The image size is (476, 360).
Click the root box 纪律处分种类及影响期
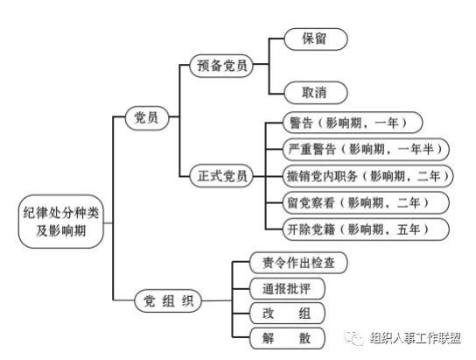point(60,222)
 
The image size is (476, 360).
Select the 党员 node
point(147,118)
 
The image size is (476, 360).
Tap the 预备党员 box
point(221,66)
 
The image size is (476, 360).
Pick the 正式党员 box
point(221,176)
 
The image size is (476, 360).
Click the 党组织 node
point(168,300)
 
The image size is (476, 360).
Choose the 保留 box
point(316,39)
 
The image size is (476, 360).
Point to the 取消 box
point(316,93)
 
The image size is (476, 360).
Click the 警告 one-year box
point(353,123)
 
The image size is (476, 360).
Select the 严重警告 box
point(366,150)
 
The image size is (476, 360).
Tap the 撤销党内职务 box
point(367,176)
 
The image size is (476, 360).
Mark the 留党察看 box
point(366,203)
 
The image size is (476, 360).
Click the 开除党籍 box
point(366,229)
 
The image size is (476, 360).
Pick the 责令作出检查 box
point(298,263)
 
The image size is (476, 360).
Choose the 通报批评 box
point(287,288)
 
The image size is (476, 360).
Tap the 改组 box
point(287,314)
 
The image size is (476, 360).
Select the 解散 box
point(287,338)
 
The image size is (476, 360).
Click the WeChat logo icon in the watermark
point(354,337)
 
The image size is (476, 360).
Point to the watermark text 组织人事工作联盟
point(416,338)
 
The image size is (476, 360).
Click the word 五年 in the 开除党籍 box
point(409,229)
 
